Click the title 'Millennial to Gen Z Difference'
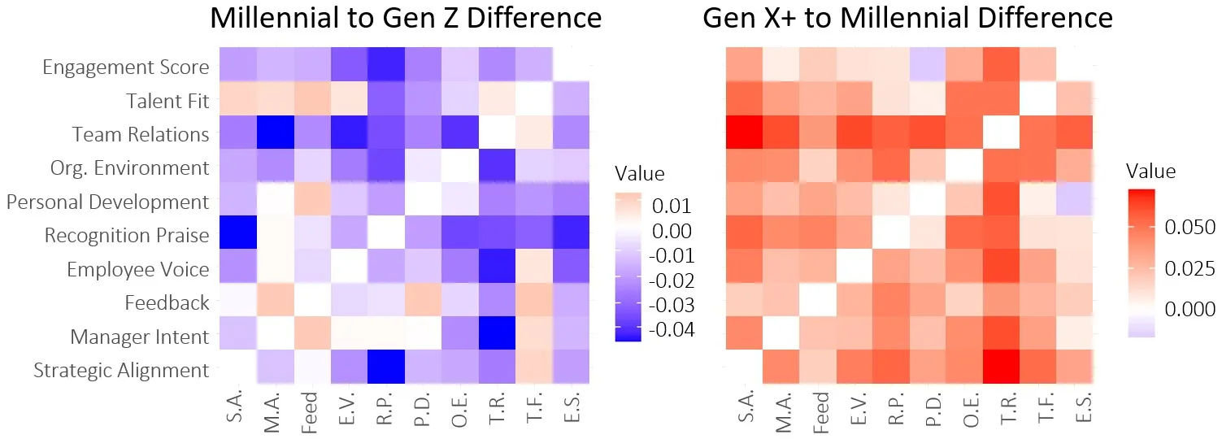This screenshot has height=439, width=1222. point(406,18)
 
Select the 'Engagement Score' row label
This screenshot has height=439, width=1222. point(126,67)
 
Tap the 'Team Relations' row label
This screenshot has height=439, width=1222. point(141,134)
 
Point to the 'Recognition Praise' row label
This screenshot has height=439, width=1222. point(127,236)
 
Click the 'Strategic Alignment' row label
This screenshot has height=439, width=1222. point(121,371)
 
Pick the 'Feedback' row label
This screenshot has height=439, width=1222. point(167,303)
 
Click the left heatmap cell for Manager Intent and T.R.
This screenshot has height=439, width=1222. point(497,337)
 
